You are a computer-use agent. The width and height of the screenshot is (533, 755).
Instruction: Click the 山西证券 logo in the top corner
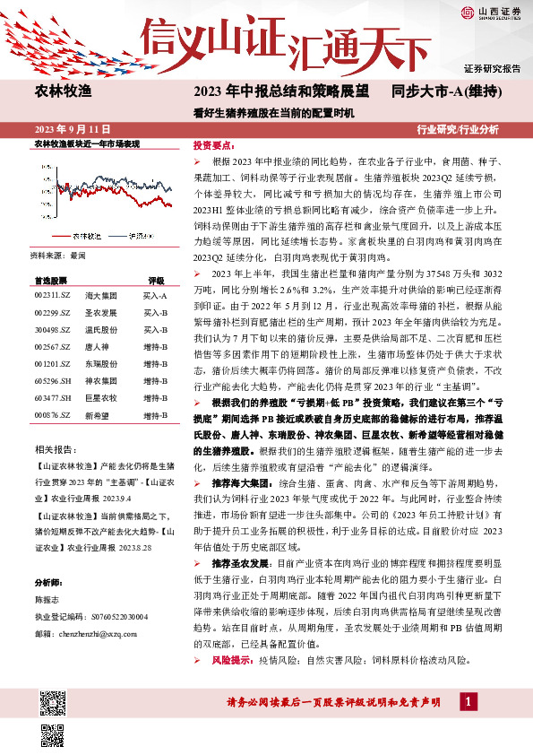[x=491, y=12]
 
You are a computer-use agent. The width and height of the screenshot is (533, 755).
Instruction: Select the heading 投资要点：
[x=214, y=144]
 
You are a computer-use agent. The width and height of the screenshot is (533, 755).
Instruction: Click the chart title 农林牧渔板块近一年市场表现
[x=86, y=143]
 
